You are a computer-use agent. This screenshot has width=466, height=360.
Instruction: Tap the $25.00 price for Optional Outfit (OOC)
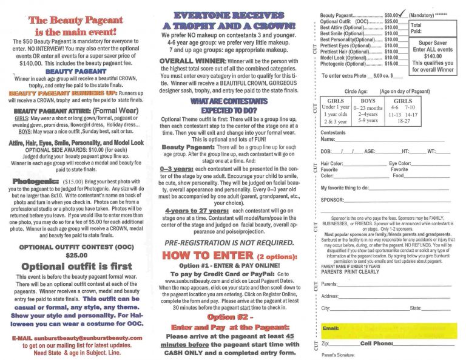tap(391, 21)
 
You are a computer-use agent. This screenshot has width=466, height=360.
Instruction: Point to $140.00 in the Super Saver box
tap(433, 55)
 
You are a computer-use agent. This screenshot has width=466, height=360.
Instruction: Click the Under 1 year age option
tap(336, 107)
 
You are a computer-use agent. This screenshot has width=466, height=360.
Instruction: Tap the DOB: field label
tap(326, 151)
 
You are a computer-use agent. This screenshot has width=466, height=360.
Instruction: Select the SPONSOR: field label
tap(333, 199)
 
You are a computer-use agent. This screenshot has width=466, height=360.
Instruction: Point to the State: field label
tap(416, 308)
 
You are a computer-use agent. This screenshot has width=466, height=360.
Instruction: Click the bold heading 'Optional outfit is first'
tap(76, 267)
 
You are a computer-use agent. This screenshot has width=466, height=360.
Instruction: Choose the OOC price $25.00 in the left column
tap(76, 255)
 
